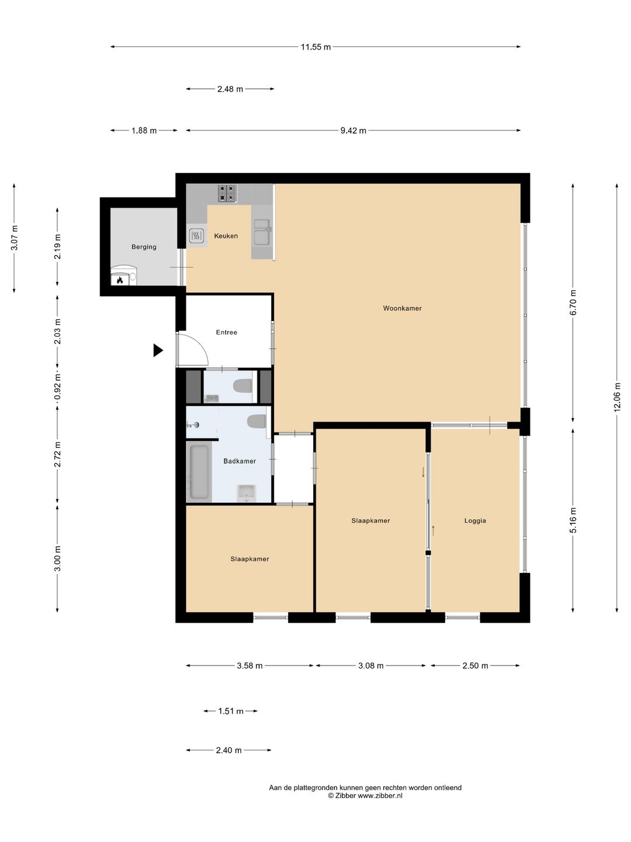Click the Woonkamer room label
(402, 308)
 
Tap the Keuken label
(226, 236)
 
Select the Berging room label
(144, 247)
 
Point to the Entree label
(227, 332)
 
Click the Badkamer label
(240, 461)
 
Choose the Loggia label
(475, 520)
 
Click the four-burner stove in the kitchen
(228, 194)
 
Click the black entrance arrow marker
(158, 350)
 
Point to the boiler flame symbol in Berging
(120, 280)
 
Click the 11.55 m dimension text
(315, 47)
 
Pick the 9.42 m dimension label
(353, 131)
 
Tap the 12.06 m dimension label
(617, 397)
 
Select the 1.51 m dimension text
(231, 711)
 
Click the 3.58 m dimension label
(249, 665)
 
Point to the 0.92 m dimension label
(57, 387)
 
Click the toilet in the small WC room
(242, 386)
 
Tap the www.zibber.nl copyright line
(365, 796)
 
